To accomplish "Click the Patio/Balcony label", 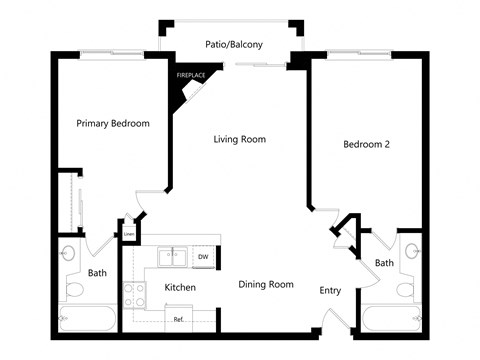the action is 234,44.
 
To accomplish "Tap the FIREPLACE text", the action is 191,75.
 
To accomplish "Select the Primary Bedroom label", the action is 113,124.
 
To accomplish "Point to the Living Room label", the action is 240,139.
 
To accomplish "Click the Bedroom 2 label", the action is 366,144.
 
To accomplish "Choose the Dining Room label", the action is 266,284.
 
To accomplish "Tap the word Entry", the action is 330,291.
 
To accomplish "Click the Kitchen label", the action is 180,287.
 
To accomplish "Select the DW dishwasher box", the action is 203,257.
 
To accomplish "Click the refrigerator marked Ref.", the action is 179,318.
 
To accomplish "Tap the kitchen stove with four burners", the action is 134,295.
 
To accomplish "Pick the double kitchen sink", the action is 172,257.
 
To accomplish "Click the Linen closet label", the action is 129,234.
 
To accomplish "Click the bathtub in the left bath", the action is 87,319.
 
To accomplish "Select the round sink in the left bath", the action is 67,253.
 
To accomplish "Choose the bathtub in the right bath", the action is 392,319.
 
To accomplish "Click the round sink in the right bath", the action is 413,251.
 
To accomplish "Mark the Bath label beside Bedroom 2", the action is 384,263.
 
